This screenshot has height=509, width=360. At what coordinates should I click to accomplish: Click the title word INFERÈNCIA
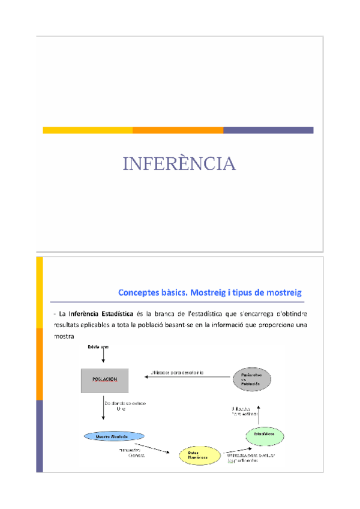pos(179,163)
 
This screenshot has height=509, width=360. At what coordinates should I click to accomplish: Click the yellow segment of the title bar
pos(88,130)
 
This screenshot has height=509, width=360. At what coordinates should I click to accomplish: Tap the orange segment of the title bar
pos(178,130)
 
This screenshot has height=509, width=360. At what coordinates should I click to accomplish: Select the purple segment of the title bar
pos(268,130)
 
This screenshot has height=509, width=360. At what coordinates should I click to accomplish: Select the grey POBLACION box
pos(104,380)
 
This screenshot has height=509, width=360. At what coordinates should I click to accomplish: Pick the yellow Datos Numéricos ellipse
pos(199,456)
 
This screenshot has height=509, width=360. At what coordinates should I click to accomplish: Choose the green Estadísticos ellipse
pos(264,434)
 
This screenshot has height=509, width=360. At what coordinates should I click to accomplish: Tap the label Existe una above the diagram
pos(98,348)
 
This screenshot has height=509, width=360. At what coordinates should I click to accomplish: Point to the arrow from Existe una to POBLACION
pos(103,358)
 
